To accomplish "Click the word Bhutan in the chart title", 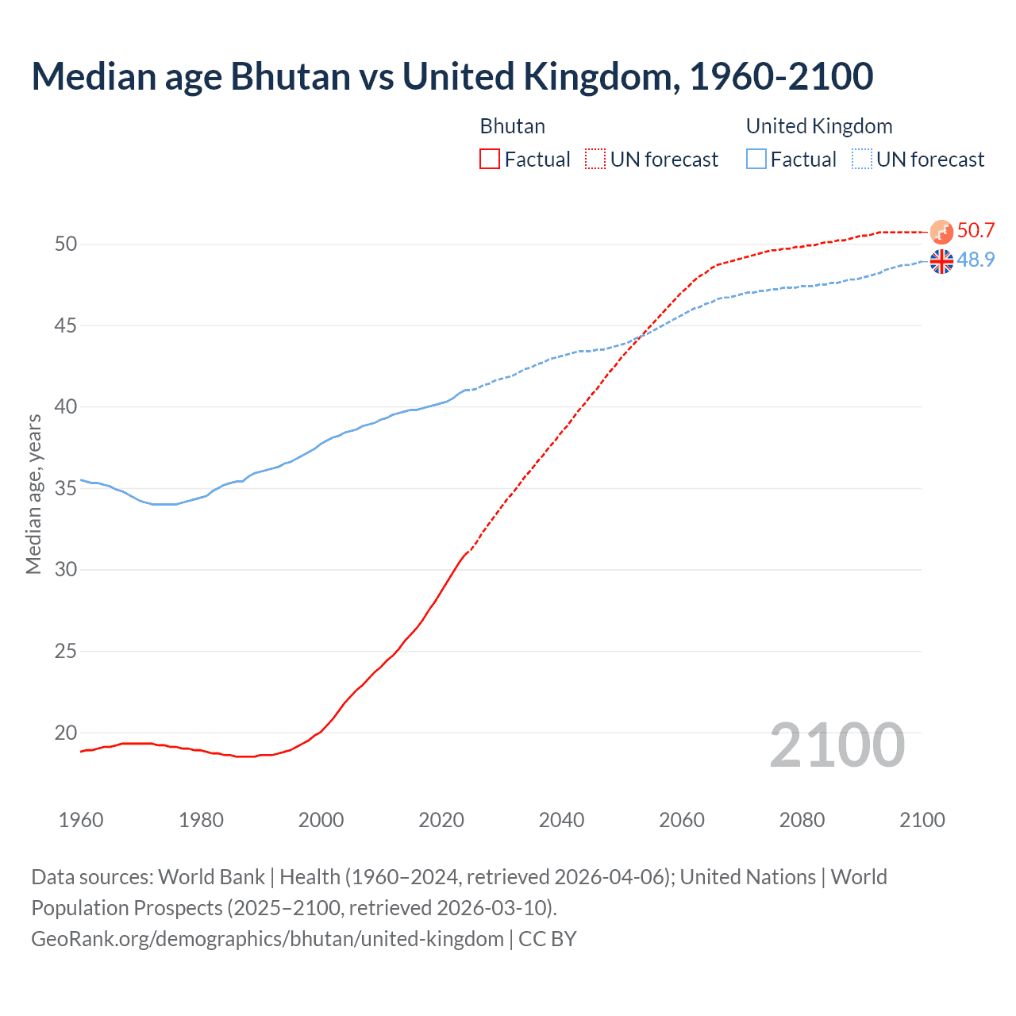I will (290, 76).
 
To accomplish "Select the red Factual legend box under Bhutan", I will (490, 159).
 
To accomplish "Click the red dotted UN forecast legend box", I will (595, 159).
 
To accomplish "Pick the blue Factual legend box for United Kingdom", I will (756, 159).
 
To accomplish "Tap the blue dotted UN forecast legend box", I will (861, 159).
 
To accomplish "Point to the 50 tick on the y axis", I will (66, 244).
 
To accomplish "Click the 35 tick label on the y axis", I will (66, 488).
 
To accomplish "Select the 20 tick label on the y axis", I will (66, 733).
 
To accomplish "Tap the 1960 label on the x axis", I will (81, 820).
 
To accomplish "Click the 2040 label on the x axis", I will (561, 820).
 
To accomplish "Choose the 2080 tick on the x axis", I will (802, 820).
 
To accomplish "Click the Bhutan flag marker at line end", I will (941, 232).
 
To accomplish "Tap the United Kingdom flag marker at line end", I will (941, 261).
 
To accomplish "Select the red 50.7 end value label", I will (976, 231).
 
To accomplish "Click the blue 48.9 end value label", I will (976, 260).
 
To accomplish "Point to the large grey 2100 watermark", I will (837, 745).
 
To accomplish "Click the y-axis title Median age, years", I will (33, 494).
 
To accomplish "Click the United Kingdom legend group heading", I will (819, 126).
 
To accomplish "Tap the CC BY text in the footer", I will (548, 939).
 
